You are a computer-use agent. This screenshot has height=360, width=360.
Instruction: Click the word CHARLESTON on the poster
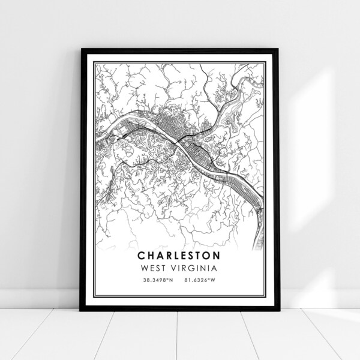(180, 254)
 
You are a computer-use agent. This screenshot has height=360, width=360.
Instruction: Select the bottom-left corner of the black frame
(81, 310)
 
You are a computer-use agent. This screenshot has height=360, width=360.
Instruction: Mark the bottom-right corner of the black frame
(279, 310)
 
